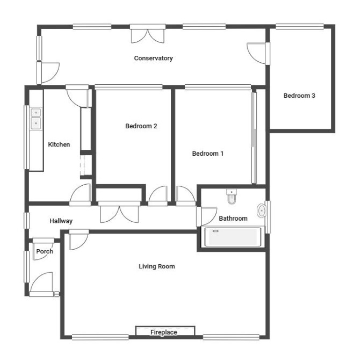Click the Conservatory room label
(x=153, y=59)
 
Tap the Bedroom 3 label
(x=299, y=96)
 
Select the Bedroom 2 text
(x=141, y=126)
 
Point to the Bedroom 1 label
(x=208, y=154)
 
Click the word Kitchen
(x=59, y=144)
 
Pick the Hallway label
(x=61, y=221)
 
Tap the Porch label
(x=45, y=251)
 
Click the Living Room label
(x=157, y=266)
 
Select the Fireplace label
(x=164, y=332)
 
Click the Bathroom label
(x=233, y=218)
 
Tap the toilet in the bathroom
(x=232, y=196)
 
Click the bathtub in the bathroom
(x=233, y=237)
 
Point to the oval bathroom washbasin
(x=262, y=210)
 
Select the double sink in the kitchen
(x=36, y=119)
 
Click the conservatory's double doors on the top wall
(x=148, y=34)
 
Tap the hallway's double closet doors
(x=119, y=212)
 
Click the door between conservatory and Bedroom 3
(x=258, y=53)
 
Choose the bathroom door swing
(x=207, y=216)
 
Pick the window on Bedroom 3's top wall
(x=300, y=26)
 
